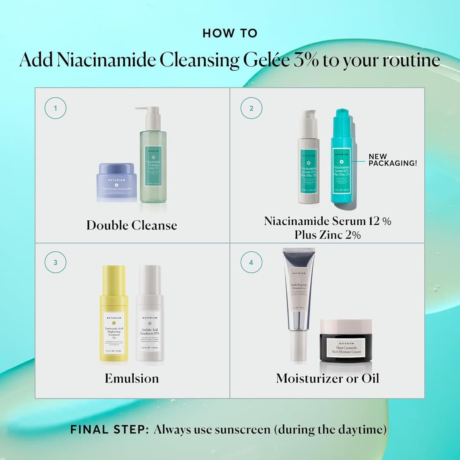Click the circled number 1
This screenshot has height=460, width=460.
55,108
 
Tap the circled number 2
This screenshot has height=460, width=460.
251,108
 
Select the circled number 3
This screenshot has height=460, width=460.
55,262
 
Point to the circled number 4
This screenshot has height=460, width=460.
251,262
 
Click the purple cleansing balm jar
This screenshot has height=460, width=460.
117,182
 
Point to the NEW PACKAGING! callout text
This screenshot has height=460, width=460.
393,160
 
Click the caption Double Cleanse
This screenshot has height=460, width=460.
132,225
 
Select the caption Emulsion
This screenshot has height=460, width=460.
132,378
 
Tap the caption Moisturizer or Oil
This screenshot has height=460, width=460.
327,378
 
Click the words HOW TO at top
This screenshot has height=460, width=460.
230,33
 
